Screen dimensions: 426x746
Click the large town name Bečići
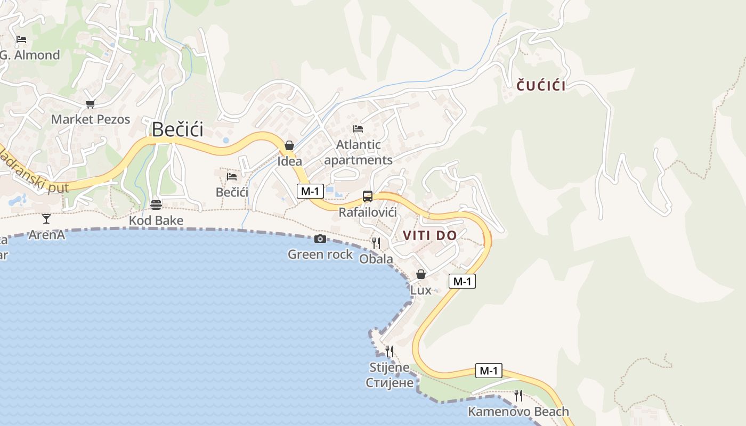177,129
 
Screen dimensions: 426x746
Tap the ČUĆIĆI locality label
541,85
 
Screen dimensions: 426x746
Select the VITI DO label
429,235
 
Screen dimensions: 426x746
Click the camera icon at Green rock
320,239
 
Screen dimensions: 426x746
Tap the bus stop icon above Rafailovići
368,196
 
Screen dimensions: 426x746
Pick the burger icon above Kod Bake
156,205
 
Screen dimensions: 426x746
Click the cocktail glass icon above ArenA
46,218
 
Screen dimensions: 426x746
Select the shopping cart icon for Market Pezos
90,104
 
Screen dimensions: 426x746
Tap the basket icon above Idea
289,145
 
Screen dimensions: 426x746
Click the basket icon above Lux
421,274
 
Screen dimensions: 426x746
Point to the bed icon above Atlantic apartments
358,129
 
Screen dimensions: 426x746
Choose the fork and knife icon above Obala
376,243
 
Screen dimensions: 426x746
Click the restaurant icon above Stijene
390,351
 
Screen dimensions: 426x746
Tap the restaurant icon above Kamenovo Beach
518,396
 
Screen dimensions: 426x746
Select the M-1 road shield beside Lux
462,281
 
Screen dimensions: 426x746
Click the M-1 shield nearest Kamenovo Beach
488,371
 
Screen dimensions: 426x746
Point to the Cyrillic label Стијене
390,382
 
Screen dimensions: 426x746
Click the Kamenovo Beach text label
518,412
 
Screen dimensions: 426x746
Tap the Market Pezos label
91,119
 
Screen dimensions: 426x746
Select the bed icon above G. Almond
21,39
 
